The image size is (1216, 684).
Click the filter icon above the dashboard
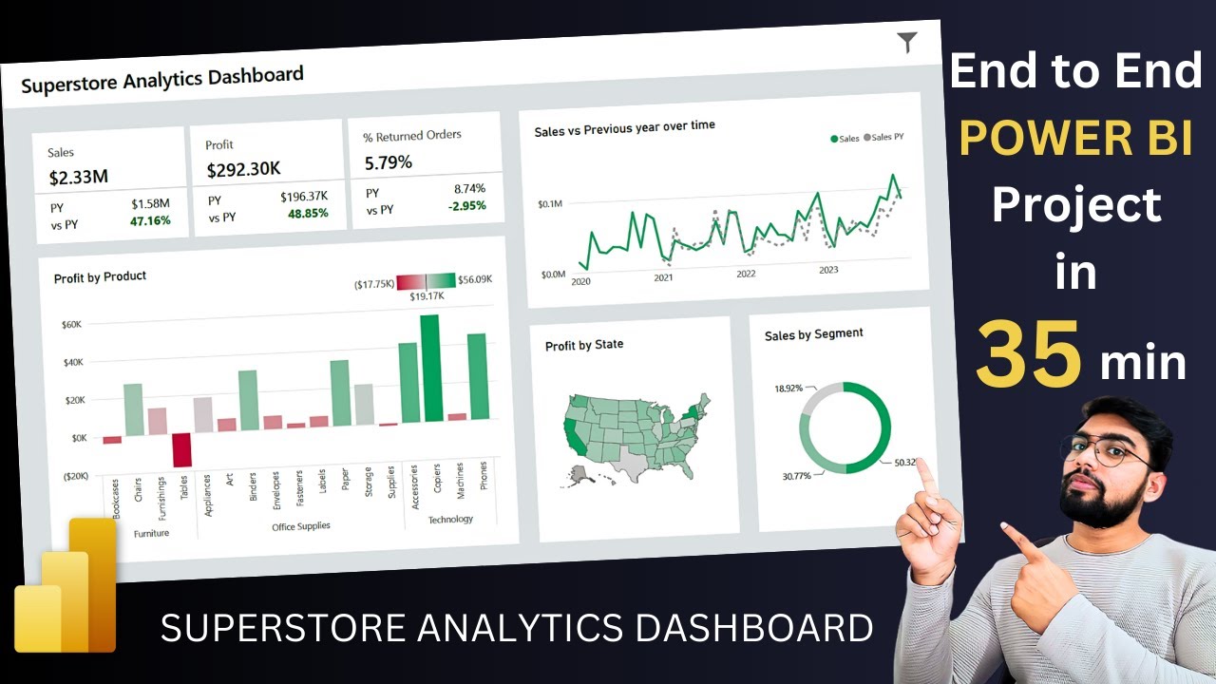pos(907,42)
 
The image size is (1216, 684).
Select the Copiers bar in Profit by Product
pos(430,368)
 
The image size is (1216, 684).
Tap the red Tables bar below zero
pos(181,449)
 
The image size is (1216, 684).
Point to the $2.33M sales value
pos(78,178)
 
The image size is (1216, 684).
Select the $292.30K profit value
pos(243,170)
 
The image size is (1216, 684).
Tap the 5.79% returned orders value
pos(389,162)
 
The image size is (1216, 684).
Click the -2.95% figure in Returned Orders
pos(466,205)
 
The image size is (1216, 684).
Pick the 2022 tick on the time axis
pos(746,274)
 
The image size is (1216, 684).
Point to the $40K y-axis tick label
pos(72,362)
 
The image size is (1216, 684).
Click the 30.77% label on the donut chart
pos(796,475)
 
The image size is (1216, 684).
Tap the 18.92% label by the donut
pos(788,389)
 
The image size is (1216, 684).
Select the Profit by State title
pos(584,345)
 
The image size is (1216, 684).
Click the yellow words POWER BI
pos(1075,140)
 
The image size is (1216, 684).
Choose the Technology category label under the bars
pos(450,520)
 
